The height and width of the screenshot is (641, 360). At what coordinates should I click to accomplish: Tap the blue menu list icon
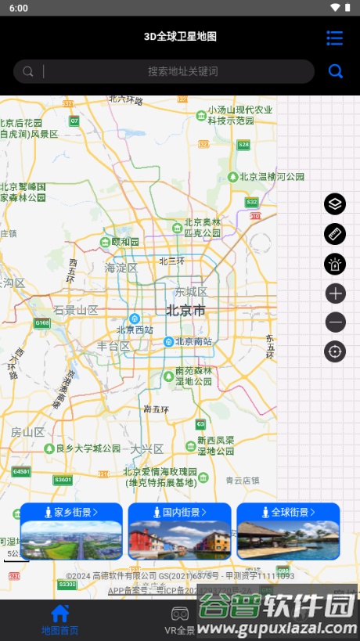335,38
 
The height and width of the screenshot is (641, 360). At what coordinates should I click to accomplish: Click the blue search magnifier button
336,71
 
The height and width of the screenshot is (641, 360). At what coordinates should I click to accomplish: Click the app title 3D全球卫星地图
180,36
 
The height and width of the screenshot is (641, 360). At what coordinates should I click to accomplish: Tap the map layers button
335,204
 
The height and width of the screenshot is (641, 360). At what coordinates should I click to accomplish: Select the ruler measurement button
335,234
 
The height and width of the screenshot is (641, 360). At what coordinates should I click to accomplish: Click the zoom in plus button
335,293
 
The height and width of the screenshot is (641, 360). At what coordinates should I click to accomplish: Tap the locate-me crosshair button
335,351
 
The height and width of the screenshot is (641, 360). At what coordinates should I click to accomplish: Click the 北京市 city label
186,311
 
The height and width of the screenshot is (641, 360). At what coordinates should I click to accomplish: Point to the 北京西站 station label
136,330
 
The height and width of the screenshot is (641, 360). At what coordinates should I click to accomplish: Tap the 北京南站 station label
193,341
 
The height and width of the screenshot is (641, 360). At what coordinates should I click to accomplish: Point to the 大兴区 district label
146,448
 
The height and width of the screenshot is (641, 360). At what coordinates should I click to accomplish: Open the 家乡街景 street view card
71,531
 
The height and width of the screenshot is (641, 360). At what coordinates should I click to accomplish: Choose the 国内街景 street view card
180,531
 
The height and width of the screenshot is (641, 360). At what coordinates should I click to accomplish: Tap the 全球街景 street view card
288,531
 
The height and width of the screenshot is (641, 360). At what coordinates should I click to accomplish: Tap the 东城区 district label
191,291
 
